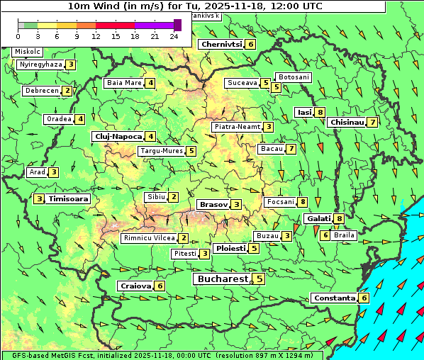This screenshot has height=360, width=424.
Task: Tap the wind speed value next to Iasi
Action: (321, 112)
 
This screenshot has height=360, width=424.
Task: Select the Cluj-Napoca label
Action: (118, 136)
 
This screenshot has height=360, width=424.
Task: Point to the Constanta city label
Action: (334, 298)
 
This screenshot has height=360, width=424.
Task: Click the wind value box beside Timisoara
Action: (40, 199)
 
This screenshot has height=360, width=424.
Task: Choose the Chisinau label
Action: (347, 122)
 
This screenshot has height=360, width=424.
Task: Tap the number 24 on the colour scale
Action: (173, 35)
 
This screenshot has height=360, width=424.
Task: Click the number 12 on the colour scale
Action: (96, 35)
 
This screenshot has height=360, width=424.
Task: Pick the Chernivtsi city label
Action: (222, 44)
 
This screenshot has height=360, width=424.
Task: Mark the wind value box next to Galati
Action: (340, 219)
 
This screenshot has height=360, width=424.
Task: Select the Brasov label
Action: (213, 205)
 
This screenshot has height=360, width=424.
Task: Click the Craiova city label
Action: (135, 286)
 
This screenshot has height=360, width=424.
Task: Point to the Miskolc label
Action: (28, 52)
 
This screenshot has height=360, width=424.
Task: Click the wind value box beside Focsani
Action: (303, 202)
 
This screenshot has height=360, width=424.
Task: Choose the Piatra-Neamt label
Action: (237, 127)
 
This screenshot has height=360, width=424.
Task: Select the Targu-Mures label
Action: (161, 151)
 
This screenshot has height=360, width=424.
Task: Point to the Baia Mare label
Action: (124, 83)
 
